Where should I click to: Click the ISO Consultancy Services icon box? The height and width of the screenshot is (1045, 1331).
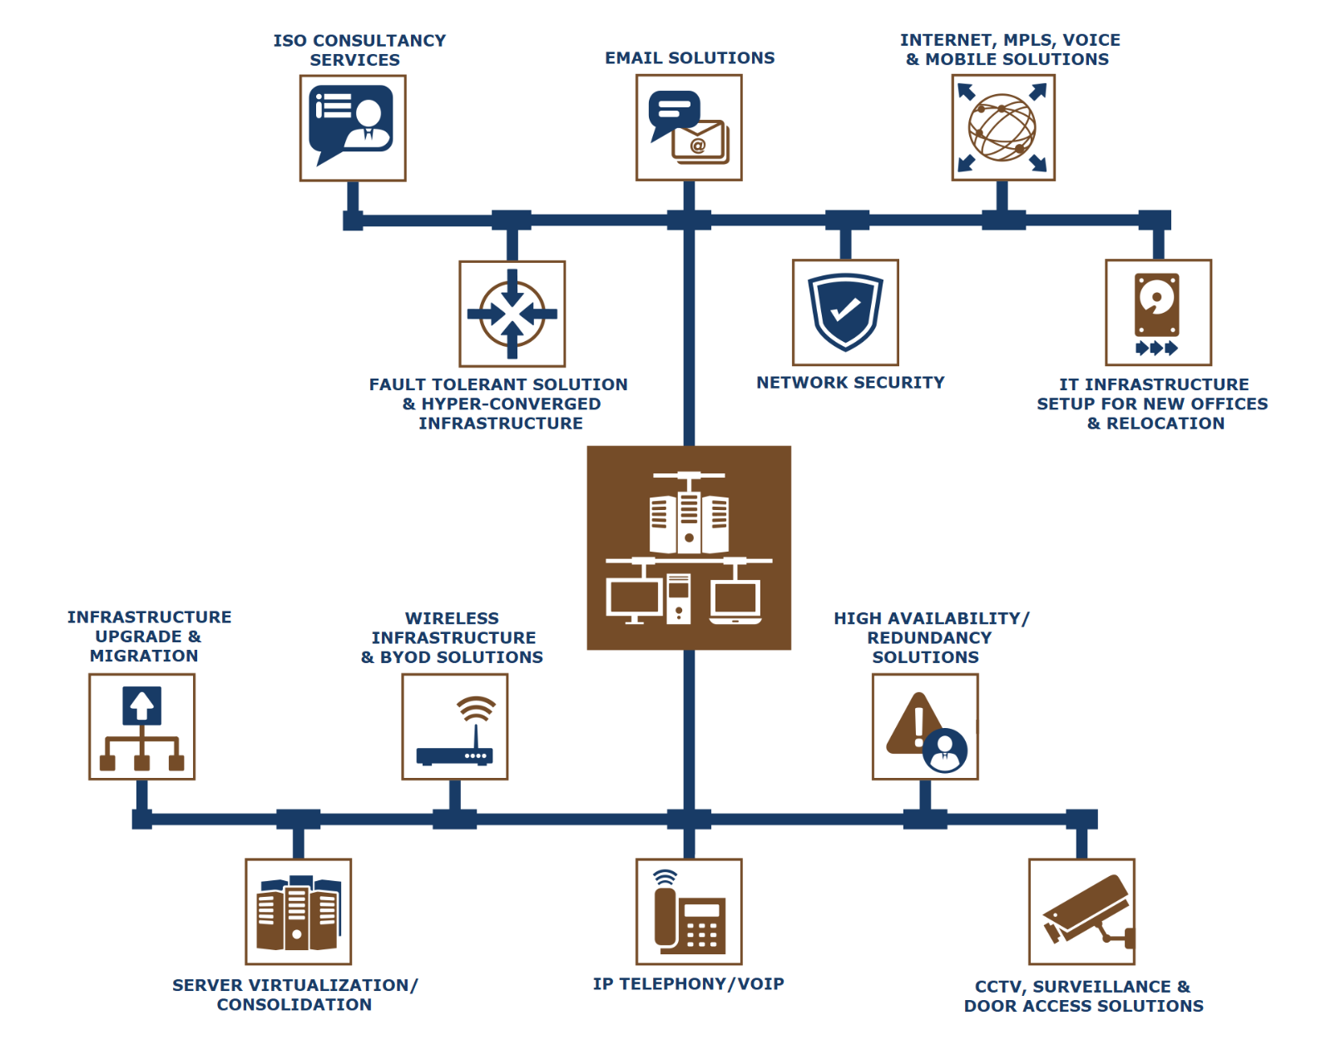(x=352, y=128)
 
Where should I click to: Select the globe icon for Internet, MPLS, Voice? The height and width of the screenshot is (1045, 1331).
(x=1002, y=127)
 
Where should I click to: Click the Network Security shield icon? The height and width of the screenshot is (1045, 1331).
(x=845, y=312)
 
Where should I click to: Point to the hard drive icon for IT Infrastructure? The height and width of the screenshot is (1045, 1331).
(x=1156, y=305)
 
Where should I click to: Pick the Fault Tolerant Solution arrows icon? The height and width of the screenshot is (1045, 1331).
(x=512, y=314)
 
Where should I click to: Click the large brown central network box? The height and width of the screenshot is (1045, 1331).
(x=689, y=547)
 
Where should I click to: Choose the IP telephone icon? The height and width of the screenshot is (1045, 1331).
(x=690, y=912)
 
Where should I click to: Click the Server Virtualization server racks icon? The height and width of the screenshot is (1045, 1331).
(x=299, y=913)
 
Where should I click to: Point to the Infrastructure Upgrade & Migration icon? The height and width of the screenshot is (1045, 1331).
(x=141, y=727)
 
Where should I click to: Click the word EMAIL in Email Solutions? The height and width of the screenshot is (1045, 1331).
(x=634, y=58)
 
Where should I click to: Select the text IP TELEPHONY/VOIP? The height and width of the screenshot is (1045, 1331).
(x=689, y=983)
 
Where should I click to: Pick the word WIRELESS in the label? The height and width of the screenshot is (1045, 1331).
(x=452, y=618)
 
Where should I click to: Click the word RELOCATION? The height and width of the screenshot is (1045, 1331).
(x=1165, y=423)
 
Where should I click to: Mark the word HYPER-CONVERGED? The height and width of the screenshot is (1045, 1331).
(x=511, y=404)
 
